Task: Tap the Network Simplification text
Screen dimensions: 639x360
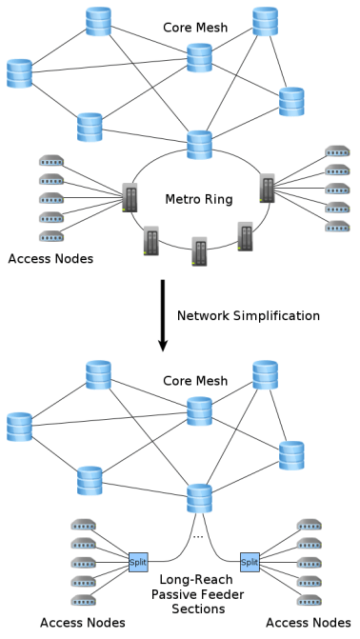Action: [249, 314]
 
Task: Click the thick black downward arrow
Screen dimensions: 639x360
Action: [162, 313]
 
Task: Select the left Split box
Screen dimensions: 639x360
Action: [137, 563]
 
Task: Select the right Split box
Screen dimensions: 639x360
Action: [250, 563]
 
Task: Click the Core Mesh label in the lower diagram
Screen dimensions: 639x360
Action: [194, 381]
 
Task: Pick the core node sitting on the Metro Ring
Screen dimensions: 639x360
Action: [199, 145]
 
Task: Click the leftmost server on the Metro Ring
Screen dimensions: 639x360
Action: [130, 196]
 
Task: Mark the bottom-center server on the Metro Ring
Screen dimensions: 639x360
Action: [199, 250]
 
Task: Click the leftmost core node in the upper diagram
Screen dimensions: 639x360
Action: [19, 71]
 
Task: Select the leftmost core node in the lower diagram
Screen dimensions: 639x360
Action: [19, 426]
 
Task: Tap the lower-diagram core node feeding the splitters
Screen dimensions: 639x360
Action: [199, 498]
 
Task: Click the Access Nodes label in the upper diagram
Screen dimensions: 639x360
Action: [50, 259]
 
